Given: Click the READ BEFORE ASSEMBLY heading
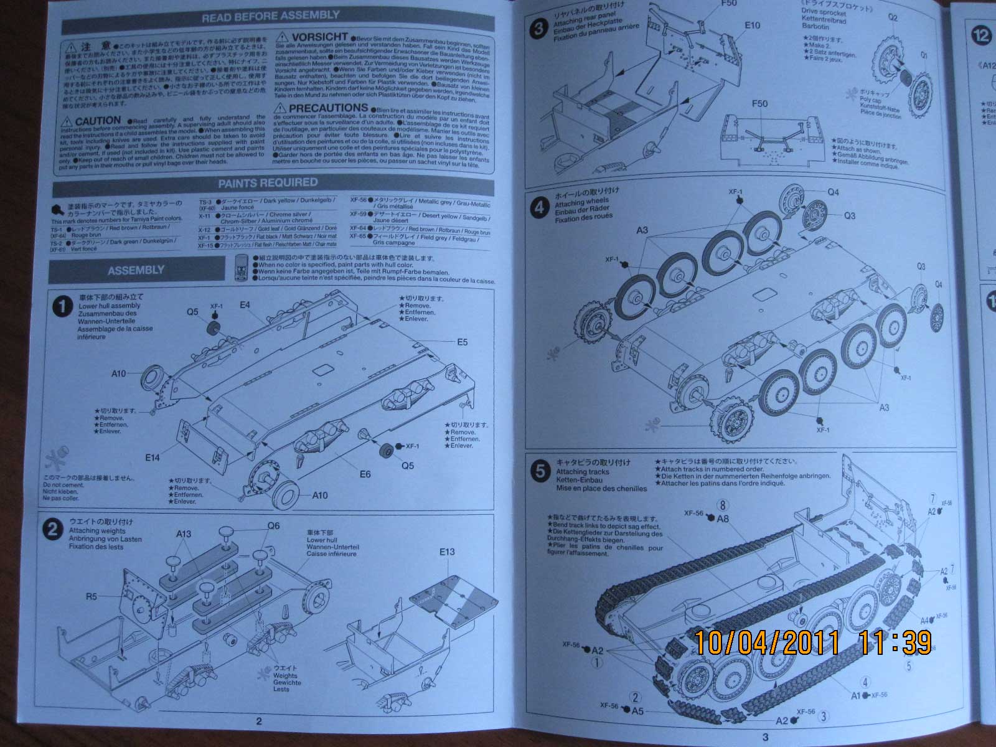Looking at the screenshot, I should [271, 16].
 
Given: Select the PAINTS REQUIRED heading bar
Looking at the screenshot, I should [268, 182].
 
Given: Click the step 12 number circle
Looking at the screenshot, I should [981, 35].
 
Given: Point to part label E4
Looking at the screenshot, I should [244, 305].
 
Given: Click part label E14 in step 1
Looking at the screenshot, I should [153, 458].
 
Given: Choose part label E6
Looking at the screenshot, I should [365, 474].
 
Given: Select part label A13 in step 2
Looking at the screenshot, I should [184, 534].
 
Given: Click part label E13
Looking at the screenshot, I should [447, 552].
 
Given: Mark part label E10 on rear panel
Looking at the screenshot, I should [752, 26].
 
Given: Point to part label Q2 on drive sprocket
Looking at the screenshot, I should [893, 17].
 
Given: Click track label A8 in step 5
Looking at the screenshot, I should [723, 519].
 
